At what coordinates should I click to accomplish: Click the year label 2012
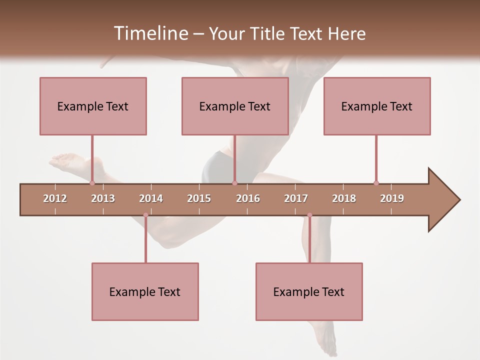55,198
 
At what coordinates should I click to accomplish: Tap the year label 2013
103,198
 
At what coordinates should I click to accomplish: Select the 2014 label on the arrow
151,198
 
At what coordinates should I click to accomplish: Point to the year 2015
199,198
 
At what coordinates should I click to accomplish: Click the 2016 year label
248,198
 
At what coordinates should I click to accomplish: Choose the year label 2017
296,198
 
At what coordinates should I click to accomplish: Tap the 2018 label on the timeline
344,198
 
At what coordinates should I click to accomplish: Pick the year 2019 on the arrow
392,198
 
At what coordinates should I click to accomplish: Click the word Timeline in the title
150,33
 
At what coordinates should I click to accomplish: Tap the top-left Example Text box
93,106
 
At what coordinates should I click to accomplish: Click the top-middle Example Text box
235,106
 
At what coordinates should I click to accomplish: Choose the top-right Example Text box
377,106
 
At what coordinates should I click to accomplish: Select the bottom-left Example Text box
145,291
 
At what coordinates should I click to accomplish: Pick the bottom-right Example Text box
309,291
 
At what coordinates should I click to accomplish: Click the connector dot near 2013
92,183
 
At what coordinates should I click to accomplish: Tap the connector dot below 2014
145,215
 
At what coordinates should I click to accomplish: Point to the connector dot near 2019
376,183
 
